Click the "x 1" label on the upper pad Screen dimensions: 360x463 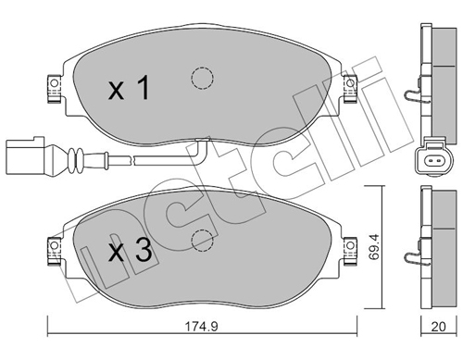tap(129, 89)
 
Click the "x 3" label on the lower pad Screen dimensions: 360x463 tap(129, 249)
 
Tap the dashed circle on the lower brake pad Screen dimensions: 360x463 tap(200, 241)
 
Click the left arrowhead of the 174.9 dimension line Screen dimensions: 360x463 tap(52, 335)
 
